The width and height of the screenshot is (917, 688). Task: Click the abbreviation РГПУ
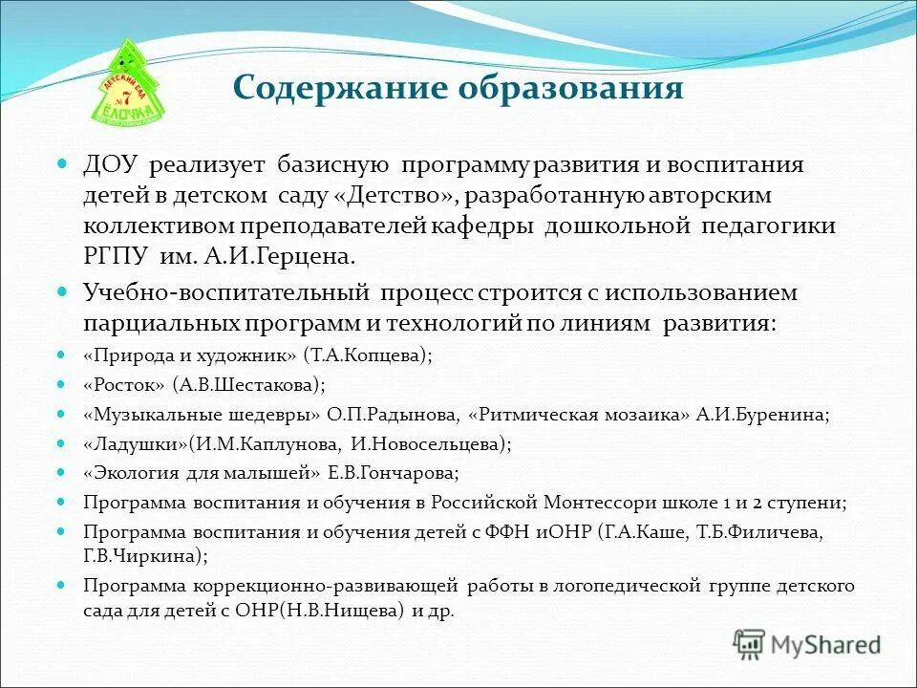coord(117,256)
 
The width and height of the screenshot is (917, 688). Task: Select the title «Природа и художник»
coord(190,355)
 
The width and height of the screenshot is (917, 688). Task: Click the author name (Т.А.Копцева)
coord(367,355)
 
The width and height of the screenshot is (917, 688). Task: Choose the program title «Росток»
coord(124,384)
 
